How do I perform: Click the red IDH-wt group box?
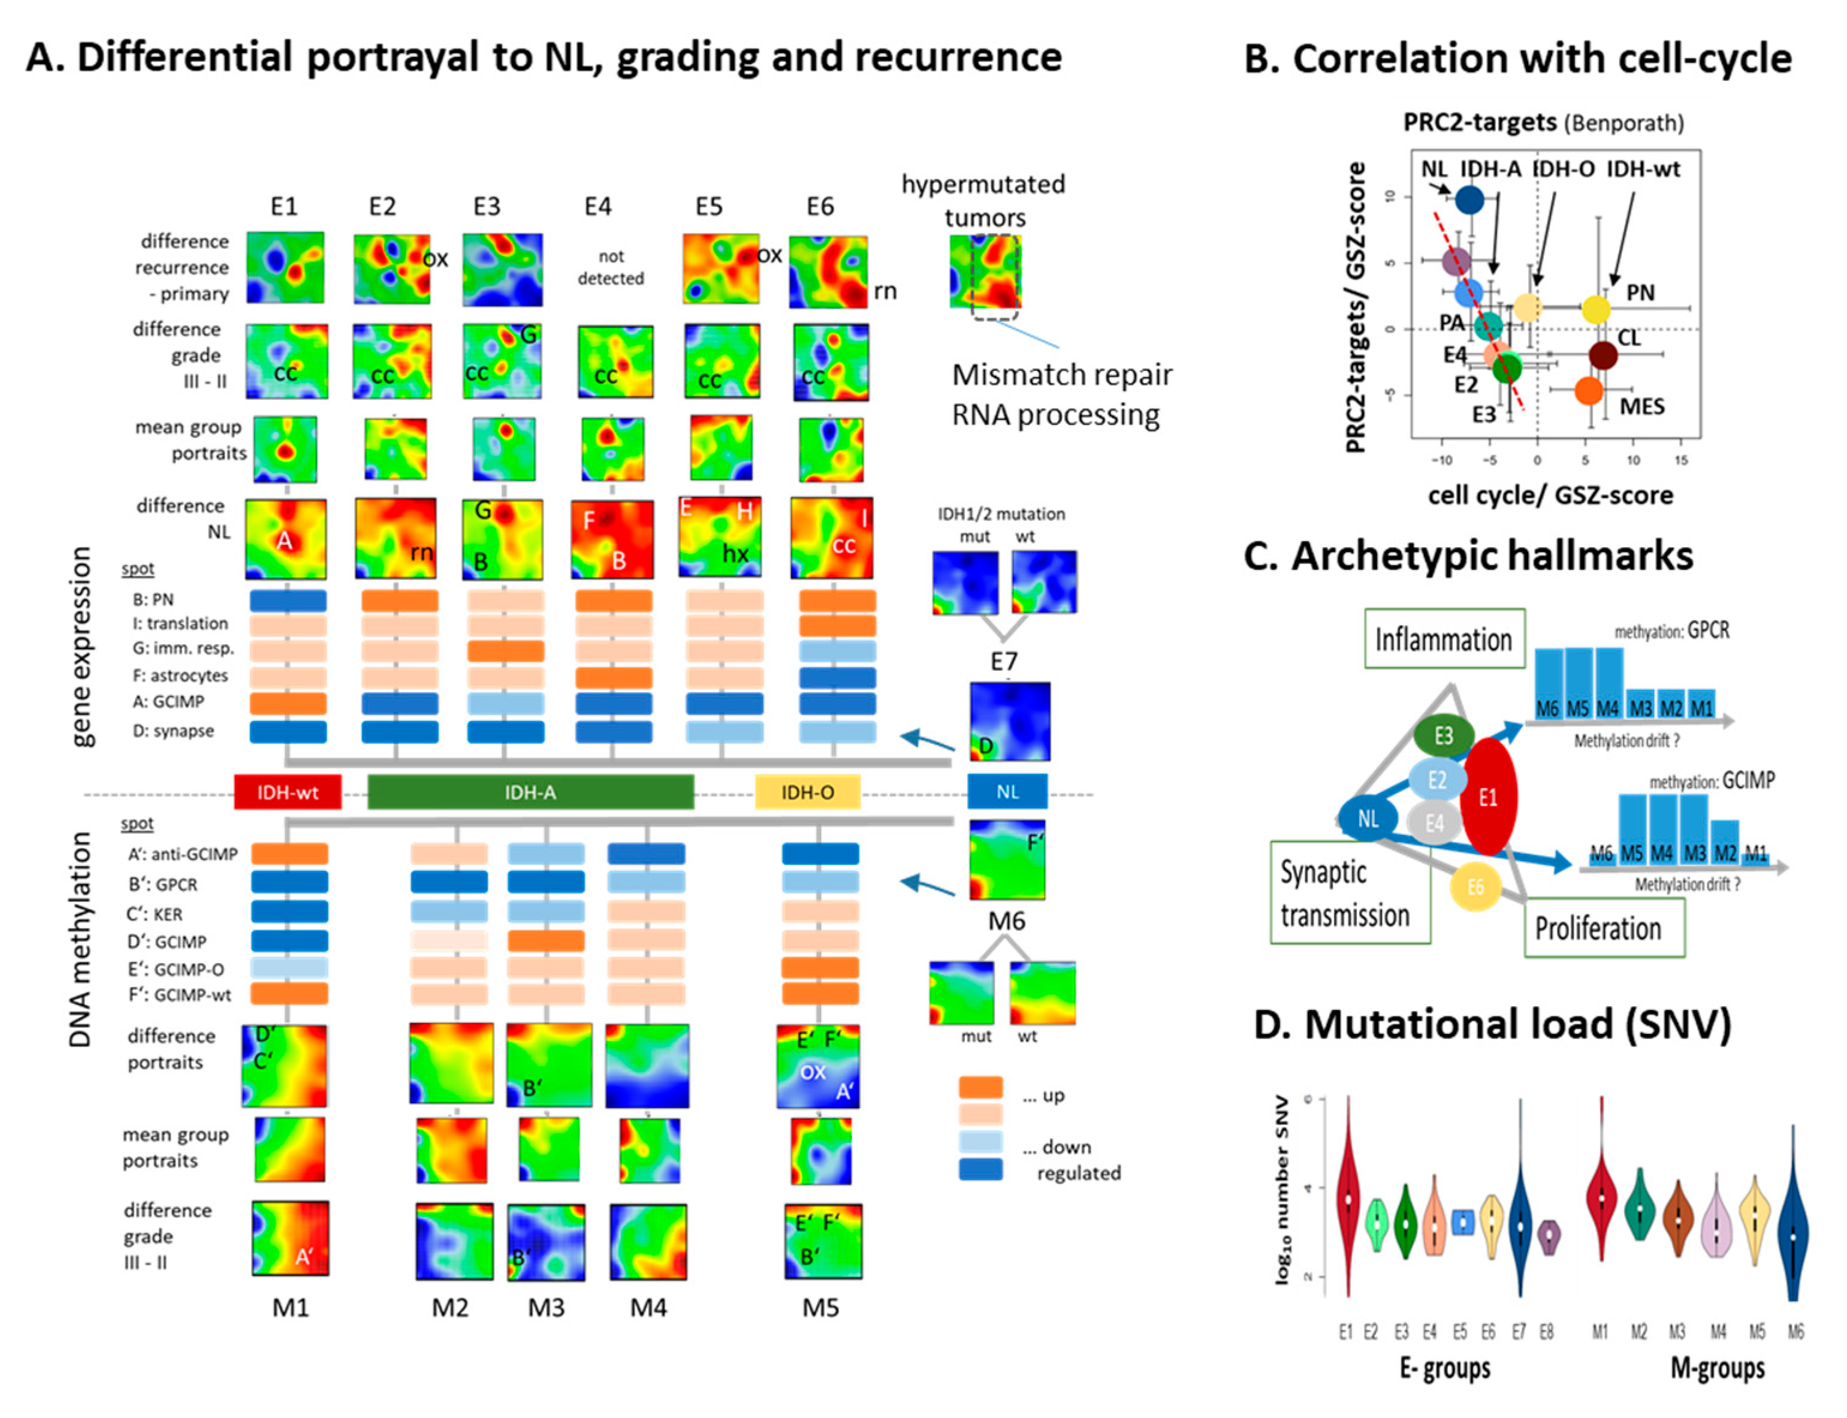(287, 792)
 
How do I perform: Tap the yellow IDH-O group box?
(807, 792)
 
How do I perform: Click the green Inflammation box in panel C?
(1443, 639)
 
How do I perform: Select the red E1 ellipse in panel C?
(1487, 796)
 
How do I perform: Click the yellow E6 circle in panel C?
(1475, 886)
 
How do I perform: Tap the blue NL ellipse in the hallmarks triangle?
(1367, 817)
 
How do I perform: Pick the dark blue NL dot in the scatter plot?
(1469, 200)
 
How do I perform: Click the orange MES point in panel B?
(1588, 391)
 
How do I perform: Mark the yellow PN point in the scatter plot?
(1595, 310)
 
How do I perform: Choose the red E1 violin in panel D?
(1348, 1199)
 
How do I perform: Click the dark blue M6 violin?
(1793, 1232)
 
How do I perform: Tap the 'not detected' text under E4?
(610, 267)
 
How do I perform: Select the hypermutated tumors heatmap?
(985, 271)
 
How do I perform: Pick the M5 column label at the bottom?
(820, 1308)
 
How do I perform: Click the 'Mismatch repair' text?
(1061, 374)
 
